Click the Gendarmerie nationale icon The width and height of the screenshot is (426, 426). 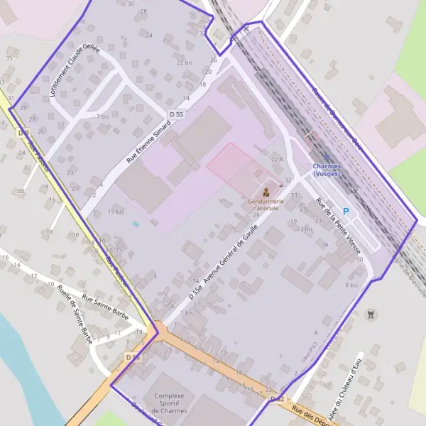[x=266, y=192]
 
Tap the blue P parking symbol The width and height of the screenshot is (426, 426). [x=346, y=212]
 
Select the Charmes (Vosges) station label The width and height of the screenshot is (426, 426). [x=326, y=170]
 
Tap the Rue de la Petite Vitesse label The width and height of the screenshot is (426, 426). [x=339, y=226]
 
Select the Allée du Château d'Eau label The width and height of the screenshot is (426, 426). [x=345, y=388]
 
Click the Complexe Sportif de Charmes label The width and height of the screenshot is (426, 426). [x=170, y=403]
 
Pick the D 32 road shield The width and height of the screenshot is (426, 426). [x=278, y=400]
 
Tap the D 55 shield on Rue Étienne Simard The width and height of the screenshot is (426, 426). [x=176, y=114]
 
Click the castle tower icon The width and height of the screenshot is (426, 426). [x=369, y=314]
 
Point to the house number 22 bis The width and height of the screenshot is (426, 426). [x=184, y=62]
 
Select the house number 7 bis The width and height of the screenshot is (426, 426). [x=103, y=116]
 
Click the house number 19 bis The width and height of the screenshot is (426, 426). [x=116, y=212]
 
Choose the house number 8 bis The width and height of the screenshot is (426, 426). [x=351, y=285]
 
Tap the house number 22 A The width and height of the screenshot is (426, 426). [x=276, y=159]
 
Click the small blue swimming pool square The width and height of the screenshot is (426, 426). [x=136, y=224]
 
